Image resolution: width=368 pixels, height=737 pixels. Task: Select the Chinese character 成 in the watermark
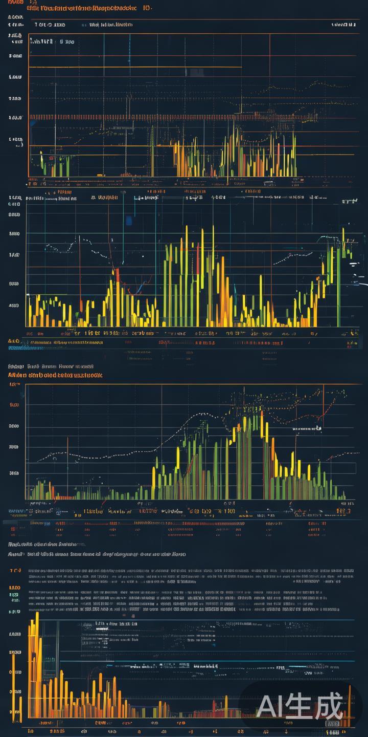pyautogui.click(x=329, y=707)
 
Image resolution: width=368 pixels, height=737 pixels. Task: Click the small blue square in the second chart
pyautogui.click(x=128, y=221)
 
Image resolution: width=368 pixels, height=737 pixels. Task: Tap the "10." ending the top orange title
pyautogui.click(x=147, y=8)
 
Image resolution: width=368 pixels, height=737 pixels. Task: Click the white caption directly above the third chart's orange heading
pyautogui.click(x=51, y=366)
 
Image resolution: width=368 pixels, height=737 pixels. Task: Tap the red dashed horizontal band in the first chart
pyautogui.click(x=174, y=117)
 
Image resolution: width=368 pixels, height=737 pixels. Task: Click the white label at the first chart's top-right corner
pyautogui.click(x=343, y=25)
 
